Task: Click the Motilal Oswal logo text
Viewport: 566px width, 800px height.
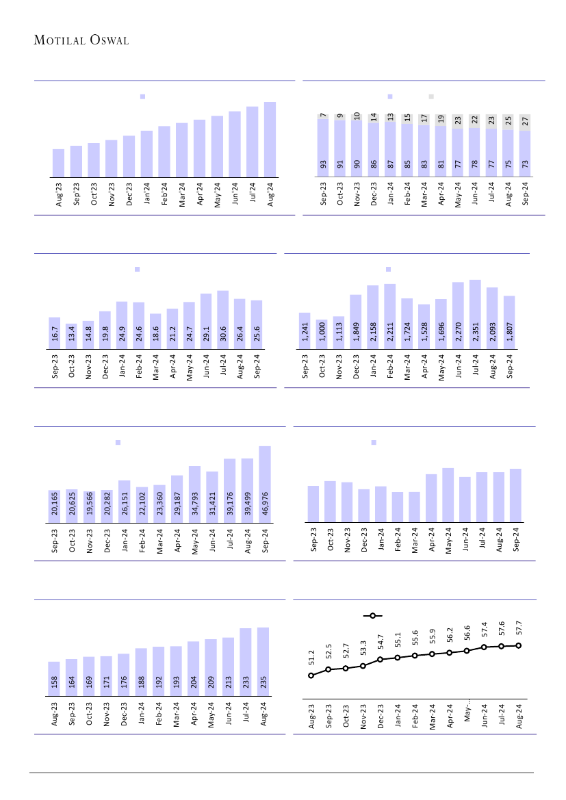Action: point(81,40)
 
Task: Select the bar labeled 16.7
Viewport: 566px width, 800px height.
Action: point(55,333)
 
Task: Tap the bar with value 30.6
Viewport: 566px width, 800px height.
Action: point(222,320)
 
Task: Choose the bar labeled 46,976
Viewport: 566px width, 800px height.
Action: point(265,485)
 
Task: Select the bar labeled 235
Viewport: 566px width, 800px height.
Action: point(263,661)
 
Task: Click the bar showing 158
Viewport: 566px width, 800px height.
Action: point(53,678)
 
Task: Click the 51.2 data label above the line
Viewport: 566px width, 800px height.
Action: point(311,658)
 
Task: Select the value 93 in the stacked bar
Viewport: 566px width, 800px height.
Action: point(323,164)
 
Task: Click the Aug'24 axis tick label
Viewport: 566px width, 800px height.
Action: point(270,194)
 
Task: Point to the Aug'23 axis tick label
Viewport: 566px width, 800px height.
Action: point(59,194)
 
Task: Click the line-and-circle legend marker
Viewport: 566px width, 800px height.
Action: point(372,616)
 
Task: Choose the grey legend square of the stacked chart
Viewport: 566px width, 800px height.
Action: point(431,96)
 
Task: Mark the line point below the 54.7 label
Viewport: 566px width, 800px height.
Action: point(381,660)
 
